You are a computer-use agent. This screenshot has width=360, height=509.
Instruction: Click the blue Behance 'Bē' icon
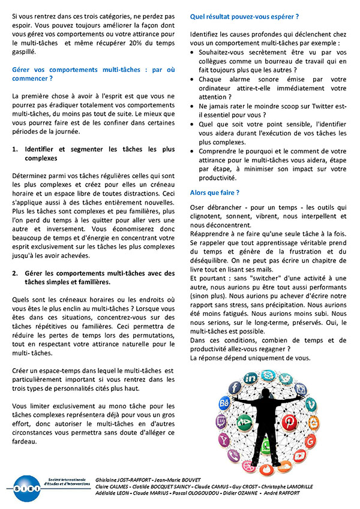point(225,402)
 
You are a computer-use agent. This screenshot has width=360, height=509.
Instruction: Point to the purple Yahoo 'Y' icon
point(224,441)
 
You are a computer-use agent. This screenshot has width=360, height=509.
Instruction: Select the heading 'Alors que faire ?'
point(215,192)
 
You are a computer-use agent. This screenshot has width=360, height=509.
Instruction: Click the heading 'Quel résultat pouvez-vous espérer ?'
point(244,17)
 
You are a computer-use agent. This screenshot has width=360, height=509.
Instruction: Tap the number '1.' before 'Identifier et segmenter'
point(16,149)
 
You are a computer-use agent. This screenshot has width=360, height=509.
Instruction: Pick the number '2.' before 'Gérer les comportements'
point(16,273)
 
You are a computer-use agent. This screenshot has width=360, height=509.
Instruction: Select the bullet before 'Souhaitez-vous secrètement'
point(193,53)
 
